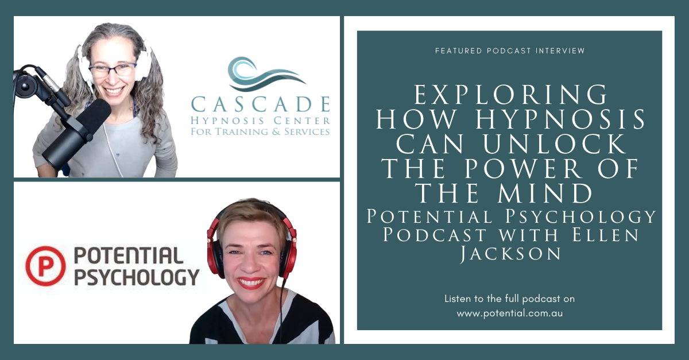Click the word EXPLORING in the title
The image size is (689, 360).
click(510, 95)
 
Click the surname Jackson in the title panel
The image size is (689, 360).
click(510, 254)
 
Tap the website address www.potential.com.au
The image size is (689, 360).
click(510, 313)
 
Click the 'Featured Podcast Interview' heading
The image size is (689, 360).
click(510, 51)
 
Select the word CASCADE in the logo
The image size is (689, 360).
click(261, 104)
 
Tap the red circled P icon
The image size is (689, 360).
click(45, 266)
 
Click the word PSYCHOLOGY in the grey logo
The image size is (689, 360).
click(137, 277)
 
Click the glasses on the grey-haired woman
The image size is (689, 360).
click(113, 70)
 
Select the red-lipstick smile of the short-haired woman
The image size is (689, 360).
click(251, 282)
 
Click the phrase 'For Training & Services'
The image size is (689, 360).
click(260, 131)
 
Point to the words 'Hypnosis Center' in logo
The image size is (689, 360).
click(260, 121)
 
